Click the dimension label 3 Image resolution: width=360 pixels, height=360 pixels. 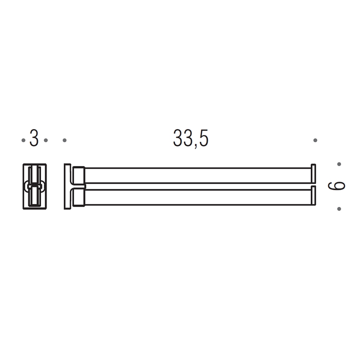(34, 138)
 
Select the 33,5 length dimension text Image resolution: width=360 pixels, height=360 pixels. (191, 138)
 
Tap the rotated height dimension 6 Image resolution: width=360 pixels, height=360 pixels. (337, 186)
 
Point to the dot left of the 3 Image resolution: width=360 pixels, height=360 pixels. (23, 140)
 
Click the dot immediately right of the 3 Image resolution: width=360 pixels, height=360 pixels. (46, 140)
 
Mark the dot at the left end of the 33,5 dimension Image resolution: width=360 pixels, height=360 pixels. (64, 140)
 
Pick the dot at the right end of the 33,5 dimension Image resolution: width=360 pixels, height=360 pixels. (315, 140)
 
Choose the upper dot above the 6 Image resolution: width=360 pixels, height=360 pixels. (339, 164)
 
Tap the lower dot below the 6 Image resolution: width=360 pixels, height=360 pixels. (339, 209)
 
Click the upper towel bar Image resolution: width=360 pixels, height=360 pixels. (198, 176)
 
